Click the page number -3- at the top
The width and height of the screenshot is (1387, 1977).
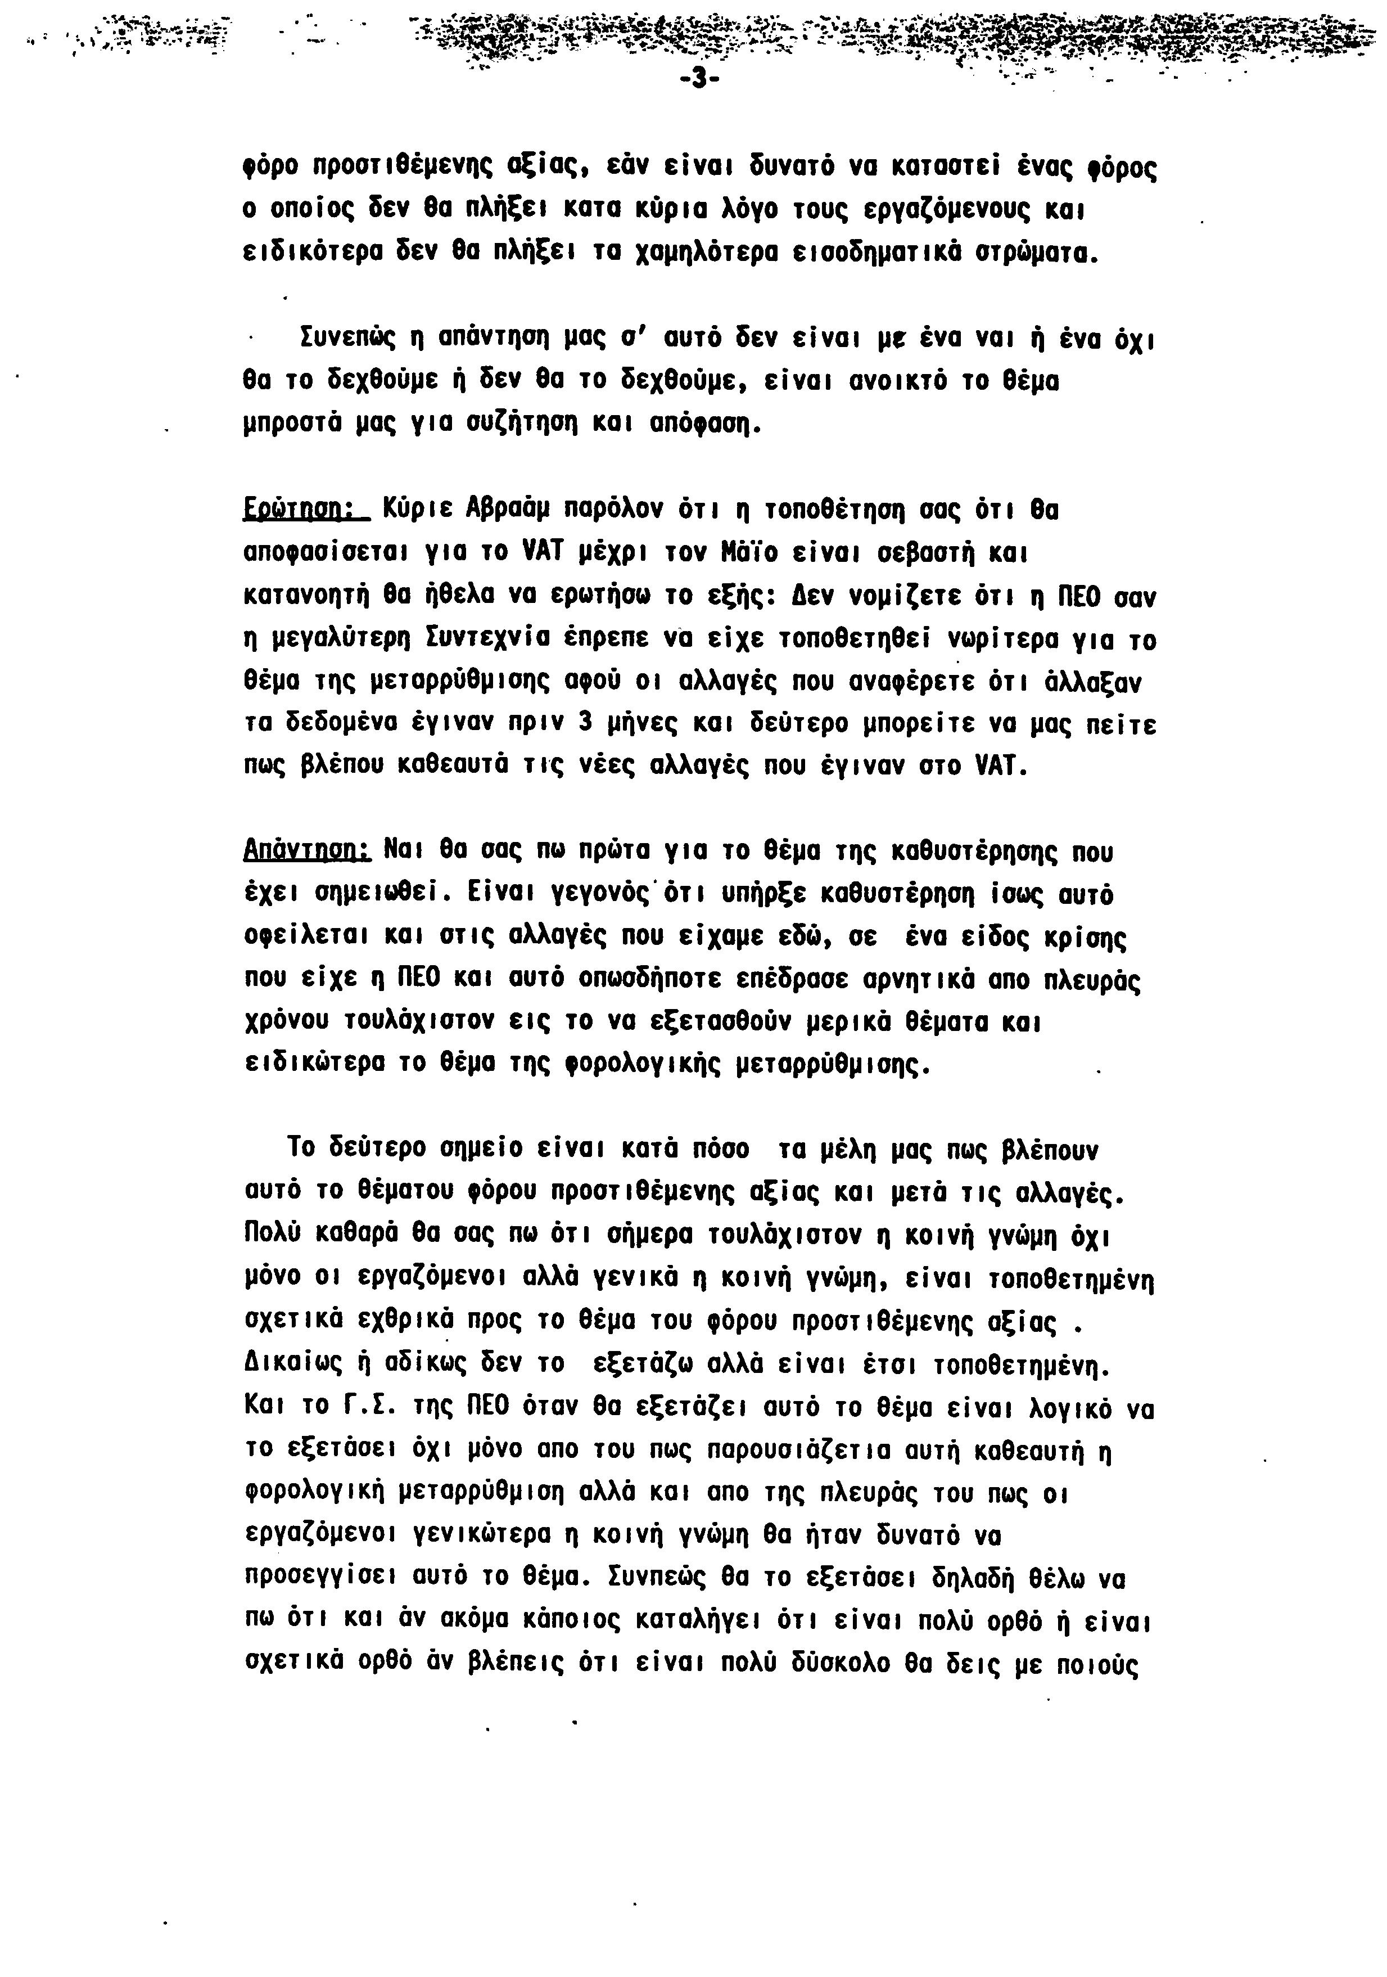698,79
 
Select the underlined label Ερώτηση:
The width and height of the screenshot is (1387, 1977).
306,511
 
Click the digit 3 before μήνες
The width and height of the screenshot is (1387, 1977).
585,723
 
